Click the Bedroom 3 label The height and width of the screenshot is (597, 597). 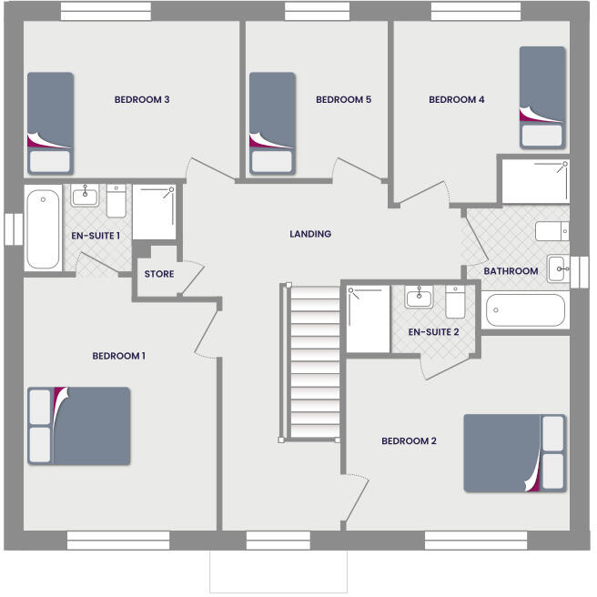(142, 100)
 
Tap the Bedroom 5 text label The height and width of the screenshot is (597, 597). (343, 100)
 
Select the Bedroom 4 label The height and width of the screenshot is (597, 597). (456, 100)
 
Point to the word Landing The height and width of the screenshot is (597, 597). (310, 234)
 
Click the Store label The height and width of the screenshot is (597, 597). (159, 274)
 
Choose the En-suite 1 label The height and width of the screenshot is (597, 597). (96, 236)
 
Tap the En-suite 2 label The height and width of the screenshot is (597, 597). (433, 332)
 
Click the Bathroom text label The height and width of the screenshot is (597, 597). (511, 271)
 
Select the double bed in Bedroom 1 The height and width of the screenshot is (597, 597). (79, 426)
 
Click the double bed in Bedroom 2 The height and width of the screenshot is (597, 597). (514, 453)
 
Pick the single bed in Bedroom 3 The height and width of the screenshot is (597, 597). (49, 123)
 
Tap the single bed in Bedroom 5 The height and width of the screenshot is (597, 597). (272, 123)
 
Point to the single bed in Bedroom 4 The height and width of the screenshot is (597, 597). (542, 97)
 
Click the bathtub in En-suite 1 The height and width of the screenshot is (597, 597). (43, 228)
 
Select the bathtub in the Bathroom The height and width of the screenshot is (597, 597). (525, 310)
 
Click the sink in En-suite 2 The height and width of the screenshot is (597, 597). (420, 298)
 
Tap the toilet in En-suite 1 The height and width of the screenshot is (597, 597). (116, 201)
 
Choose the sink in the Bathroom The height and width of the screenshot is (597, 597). (557, 268)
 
